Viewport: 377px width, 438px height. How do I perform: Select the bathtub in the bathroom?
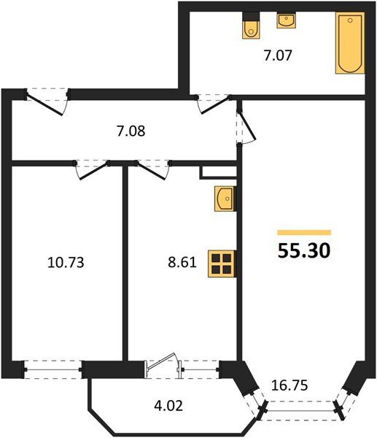[x=350, y=43]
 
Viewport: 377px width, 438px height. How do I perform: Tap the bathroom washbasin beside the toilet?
[x=286, y=20]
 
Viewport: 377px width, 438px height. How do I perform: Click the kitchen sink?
[x=225, y=199]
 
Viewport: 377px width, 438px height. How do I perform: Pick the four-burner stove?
[x=222, y=264]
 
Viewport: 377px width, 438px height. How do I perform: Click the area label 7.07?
[x=278, y=55]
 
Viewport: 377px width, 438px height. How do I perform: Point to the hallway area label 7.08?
[x=131, y=131]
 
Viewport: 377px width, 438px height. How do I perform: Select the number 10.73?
[x=66, y=263]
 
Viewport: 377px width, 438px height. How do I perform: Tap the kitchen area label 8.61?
[x=182, y=263]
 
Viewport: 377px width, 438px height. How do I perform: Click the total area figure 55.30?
[x=304, y=250]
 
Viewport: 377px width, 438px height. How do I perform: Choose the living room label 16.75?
[x=289, y=385]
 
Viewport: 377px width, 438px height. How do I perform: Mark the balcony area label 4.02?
[x=168, y=405]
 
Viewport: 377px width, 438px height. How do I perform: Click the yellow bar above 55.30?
[x=304, y=233]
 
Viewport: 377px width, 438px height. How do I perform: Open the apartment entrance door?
[x=47, y=101]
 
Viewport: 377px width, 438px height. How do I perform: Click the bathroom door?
[x=214, y=104]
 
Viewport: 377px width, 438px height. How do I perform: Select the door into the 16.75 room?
[x=246, y=128]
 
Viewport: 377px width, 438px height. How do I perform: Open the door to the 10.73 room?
[x=92, y=169]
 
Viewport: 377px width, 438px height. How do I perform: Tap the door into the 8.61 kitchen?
[x=152, y=169]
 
